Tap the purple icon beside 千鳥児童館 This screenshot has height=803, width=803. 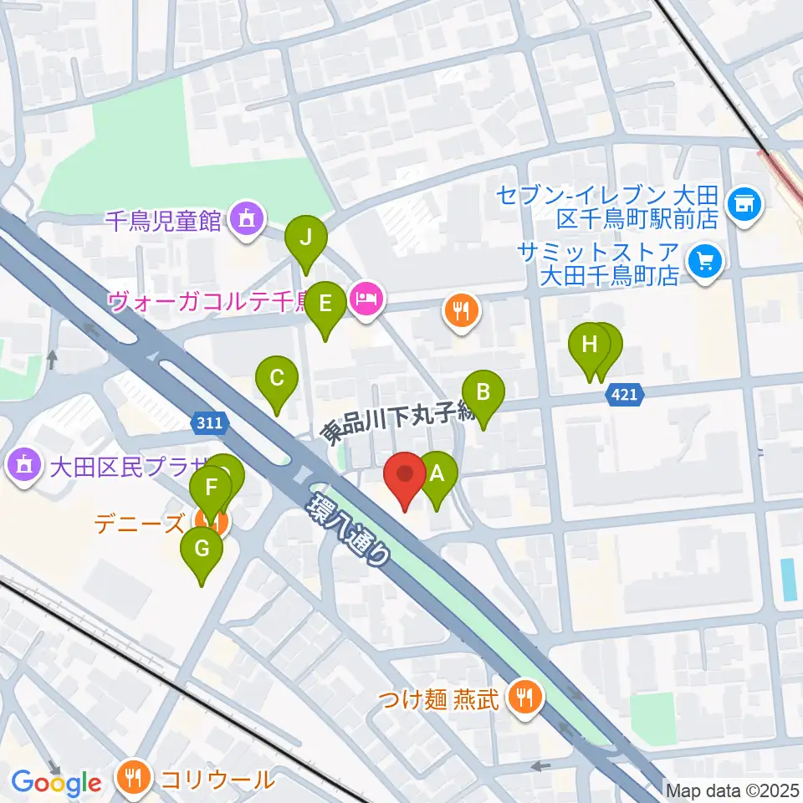(x=246, y=220)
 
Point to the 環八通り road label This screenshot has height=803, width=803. (x=350, y=529)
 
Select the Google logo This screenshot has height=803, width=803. (x=56, y=783)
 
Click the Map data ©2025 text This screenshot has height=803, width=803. (x=733, y=790)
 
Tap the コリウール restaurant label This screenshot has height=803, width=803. (x=217, y=780)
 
